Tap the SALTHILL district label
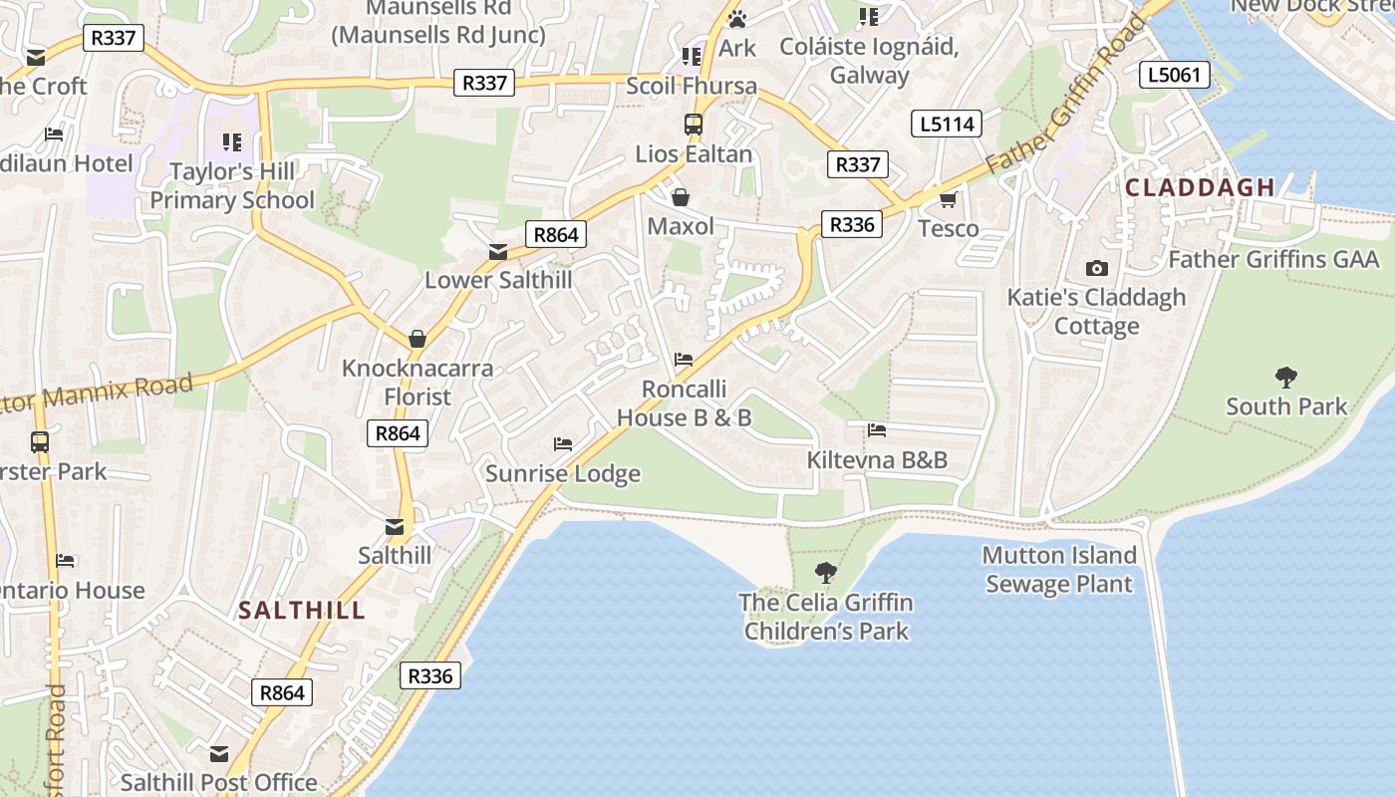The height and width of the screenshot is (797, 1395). pyautogui.click(x=302, y=611)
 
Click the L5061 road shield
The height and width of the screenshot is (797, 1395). pyautogui.click(x=1175, y=75)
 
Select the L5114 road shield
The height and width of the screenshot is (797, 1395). pyautogui.click(x=946, y=125)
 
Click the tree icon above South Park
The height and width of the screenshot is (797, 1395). pyautogui.click(x=1286, y=378)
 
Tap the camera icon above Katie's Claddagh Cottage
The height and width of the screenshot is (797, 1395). pyautogui.click(x=1096, y=268)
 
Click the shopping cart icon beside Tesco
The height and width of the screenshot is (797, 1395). pyautogui.click(x=948, y=199)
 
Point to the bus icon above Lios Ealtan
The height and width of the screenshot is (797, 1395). pyautogui.click(x=693, y=126)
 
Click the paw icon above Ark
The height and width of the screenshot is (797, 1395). pyautogui.click(x=737, y=19)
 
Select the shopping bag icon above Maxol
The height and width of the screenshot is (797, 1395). pyautogui.click(x=681, y=197)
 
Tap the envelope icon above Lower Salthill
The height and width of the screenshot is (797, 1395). pyautogui.click(x=498, y=252)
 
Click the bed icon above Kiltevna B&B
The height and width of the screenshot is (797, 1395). pyautogui.click(x=877, y=430)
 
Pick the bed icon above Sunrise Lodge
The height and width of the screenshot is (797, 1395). pyautogui.click(x=563, y=443)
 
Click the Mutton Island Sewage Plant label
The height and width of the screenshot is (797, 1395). pyautogui.click(x=1059, y=570)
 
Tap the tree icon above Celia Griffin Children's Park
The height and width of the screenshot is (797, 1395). pyautogui.click(x=825, y=572)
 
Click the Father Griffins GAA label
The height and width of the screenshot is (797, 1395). pyautogui.click(x=1273, y=260)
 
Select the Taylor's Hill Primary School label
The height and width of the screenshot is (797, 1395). pyautogui.click(x=232, y=185)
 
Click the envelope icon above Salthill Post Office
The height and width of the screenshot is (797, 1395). pyautogui.click(x=219, y=754)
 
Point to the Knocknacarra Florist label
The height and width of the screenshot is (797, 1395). pyautogui.click(x=418, y=383)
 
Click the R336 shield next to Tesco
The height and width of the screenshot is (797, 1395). pyautogui.click(x=852, y=224)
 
